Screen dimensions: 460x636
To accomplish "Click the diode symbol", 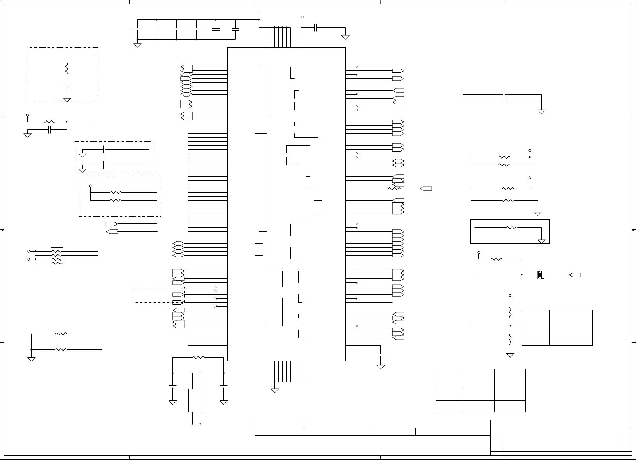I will tap(539, 275).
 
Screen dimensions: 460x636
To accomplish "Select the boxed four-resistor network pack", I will tap(57, 257).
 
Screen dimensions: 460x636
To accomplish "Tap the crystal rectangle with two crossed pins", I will tap(196, 400).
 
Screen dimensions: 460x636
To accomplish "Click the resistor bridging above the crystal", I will tap(198, 357).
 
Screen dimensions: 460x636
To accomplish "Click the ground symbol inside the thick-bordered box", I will tap(541, 241).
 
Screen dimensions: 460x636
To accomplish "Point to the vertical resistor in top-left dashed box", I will tap(67, 69).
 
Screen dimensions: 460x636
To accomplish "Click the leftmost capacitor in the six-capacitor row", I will tap(137, 29).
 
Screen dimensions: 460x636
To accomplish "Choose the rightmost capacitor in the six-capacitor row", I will tap(235, 29).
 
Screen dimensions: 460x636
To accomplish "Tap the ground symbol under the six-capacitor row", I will tap(137, 44).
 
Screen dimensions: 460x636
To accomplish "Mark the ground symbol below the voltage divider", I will tap(510, 355).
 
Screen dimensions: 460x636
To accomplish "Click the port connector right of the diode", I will tap(575, 275).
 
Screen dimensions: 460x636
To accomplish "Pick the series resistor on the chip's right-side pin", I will tap(394, 189).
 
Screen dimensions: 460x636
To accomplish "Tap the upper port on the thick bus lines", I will tap(112, 224).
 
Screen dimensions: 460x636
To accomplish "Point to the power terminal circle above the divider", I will tap(510, 296).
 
